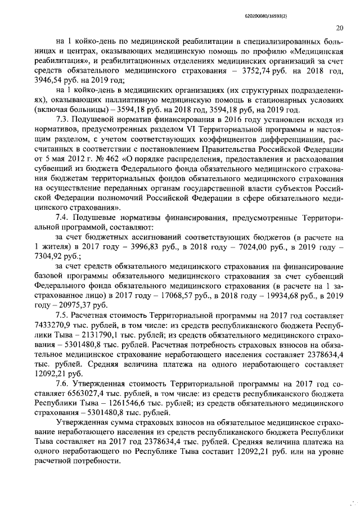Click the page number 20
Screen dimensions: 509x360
pos(340,28)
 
